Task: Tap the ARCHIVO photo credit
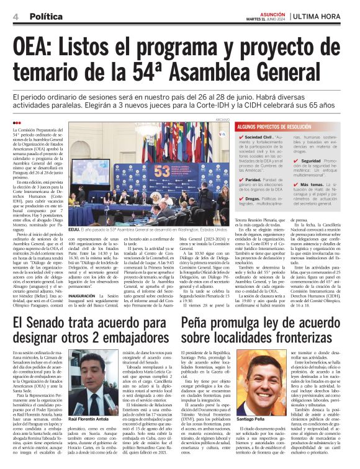(x=223, y=119)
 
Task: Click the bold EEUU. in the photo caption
(x=75, y=229)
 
